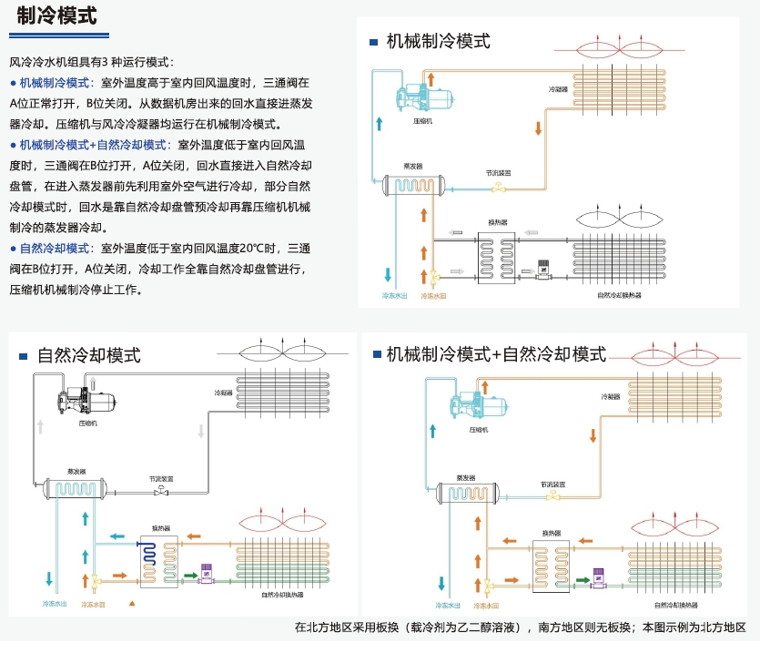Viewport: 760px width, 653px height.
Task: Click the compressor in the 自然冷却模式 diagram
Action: tap(87, 401)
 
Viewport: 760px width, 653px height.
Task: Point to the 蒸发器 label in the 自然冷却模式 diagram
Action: tap(76, 471)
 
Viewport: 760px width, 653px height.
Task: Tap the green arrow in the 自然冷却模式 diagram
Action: tap(189, 576)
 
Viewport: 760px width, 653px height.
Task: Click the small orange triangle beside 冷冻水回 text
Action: tap(132, 604)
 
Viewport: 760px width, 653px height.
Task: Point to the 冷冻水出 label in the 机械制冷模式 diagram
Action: tap(392, 296)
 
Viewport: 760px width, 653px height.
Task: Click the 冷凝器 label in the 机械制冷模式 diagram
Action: tap(559, 89)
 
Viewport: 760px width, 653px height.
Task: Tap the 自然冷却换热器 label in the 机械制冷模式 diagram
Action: tap(619, 296)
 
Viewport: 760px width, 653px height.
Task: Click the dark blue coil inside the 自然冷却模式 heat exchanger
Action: tap(148, 556)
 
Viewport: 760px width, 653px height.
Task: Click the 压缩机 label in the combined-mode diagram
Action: tap(480, 428)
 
